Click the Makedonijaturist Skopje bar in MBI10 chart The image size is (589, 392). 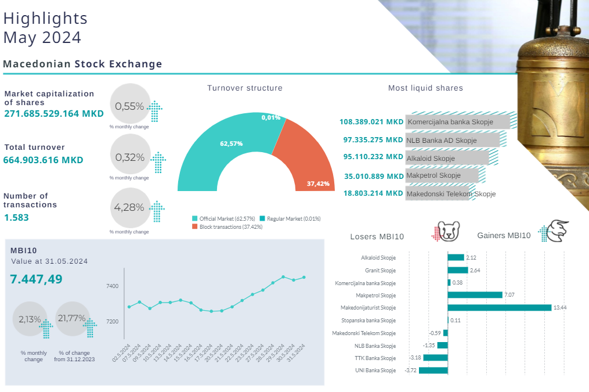tap(499, 307)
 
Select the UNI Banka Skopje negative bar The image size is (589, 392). tap(436, 370)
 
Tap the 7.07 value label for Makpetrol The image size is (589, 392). tap(509, 295)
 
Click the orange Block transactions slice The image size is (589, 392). tap(302, 157)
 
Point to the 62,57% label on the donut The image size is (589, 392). tap(231, 143)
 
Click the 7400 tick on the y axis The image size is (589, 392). tap(112, 286)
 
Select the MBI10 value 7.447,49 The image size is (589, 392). tap(36, 279)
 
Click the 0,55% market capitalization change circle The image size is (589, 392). tap(129, 106)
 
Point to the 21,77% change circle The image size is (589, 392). tap(71, 319)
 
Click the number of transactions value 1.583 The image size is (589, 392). tap(16, 217)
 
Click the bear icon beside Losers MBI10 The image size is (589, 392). tap(448, 232)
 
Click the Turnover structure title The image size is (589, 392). tap(245, 88)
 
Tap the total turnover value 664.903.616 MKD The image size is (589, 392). tap(44, 160)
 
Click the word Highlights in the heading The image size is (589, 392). tap(45, 19)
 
